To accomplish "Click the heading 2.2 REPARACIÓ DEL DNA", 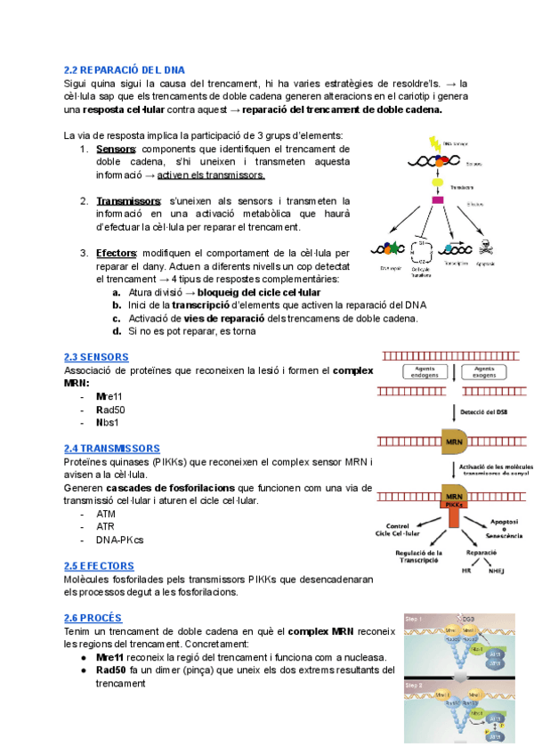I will pyautogui.click(x=125, y=69).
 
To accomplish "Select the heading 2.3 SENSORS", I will pyautogui.click(x=96, y=357).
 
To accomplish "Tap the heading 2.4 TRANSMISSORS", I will pyautogui.click(x=112, y=449).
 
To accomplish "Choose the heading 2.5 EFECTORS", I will pyautogui.click(x=99, y=565).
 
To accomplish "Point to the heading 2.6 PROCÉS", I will pyautogui.click(x=93, y=617).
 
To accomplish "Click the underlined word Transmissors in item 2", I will pyautogui.click(x=128, y=201).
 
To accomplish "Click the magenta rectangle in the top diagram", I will pyautogui.click(x=438, y=199).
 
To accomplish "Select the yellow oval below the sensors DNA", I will pyautogui.click(x=438, y=180).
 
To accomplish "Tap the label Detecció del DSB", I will pyautogui.click(x=490, y=411).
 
